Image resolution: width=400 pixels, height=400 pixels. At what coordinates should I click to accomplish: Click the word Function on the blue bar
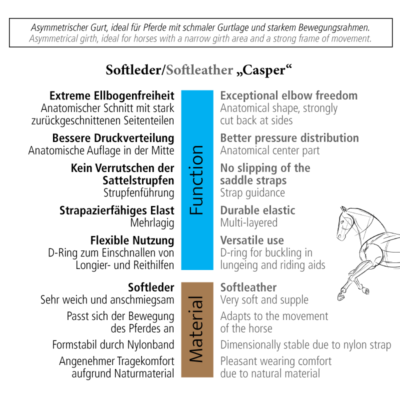tap(197, 180)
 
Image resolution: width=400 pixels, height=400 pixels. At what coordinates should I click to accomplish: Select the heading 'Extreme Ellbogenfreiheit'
tap(112, 95)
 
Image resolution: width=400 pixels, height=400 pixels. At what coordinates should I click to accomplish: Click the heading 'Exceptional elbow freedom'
tap(289, 95)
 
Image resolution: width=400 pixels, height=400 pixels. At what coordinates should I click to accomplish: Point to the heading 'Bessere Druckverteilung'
tap(113, 138)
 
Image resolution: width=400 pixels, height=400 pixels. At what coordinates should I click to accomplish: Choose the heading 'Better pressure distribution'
tap(289, 138)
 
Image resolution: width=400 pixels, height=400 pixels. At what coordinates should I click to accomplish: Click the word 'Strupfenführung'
tap(139, 193)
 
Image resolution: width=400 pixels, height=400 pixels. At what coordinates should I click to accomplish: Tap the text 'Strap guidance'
tap(252, 193)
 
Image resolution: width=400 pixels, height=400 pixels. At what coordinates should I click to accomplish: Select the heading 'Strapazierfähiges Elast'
tap(117, 210)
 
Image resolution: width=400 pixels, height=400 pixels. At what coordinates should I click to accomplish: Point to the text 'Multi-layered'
tap(249, 223)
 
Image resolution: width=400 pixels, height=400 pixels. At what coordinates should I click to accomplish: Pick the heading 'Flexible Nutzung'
tap(132, 240)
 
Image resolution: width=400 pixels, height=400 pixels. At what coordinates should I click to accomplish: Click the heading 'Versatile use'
tap(252, 240)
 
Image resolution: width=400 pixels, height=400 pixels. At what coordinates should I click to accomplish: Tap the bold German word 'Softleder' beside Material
tap(151, 287)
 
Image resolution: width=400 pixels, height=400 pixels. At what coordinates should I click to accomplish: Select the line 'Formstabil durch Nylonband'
tap(113, 345)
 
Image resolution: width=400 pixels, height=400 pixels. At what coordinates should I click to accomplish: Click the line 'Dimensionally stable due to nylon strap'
tap(305, 345)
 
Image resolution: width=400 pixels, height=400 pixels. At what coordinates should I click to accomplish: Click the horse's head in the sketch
tap(345, 222)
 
